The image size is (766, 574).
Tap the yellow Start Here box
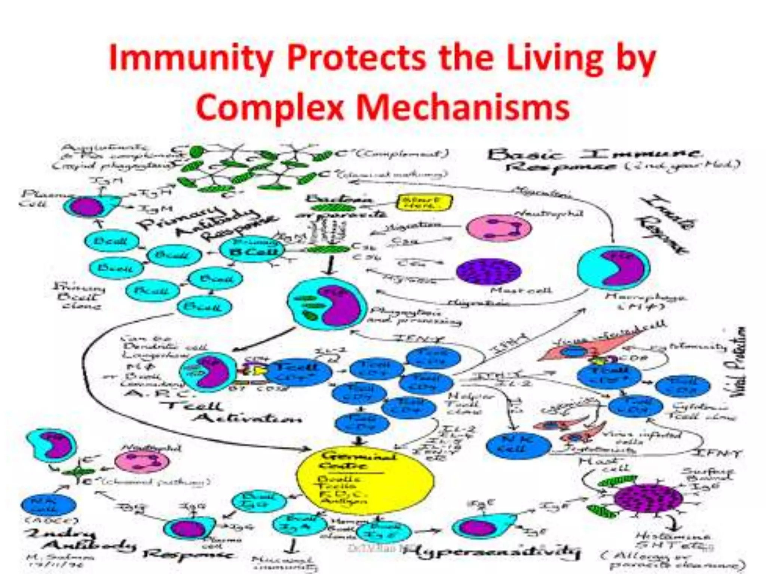[x=424, y=203]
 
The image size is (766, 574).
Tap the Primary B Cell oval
[x=252, y=248]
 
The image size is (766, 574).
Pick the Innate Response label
[x=666, y=224]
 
